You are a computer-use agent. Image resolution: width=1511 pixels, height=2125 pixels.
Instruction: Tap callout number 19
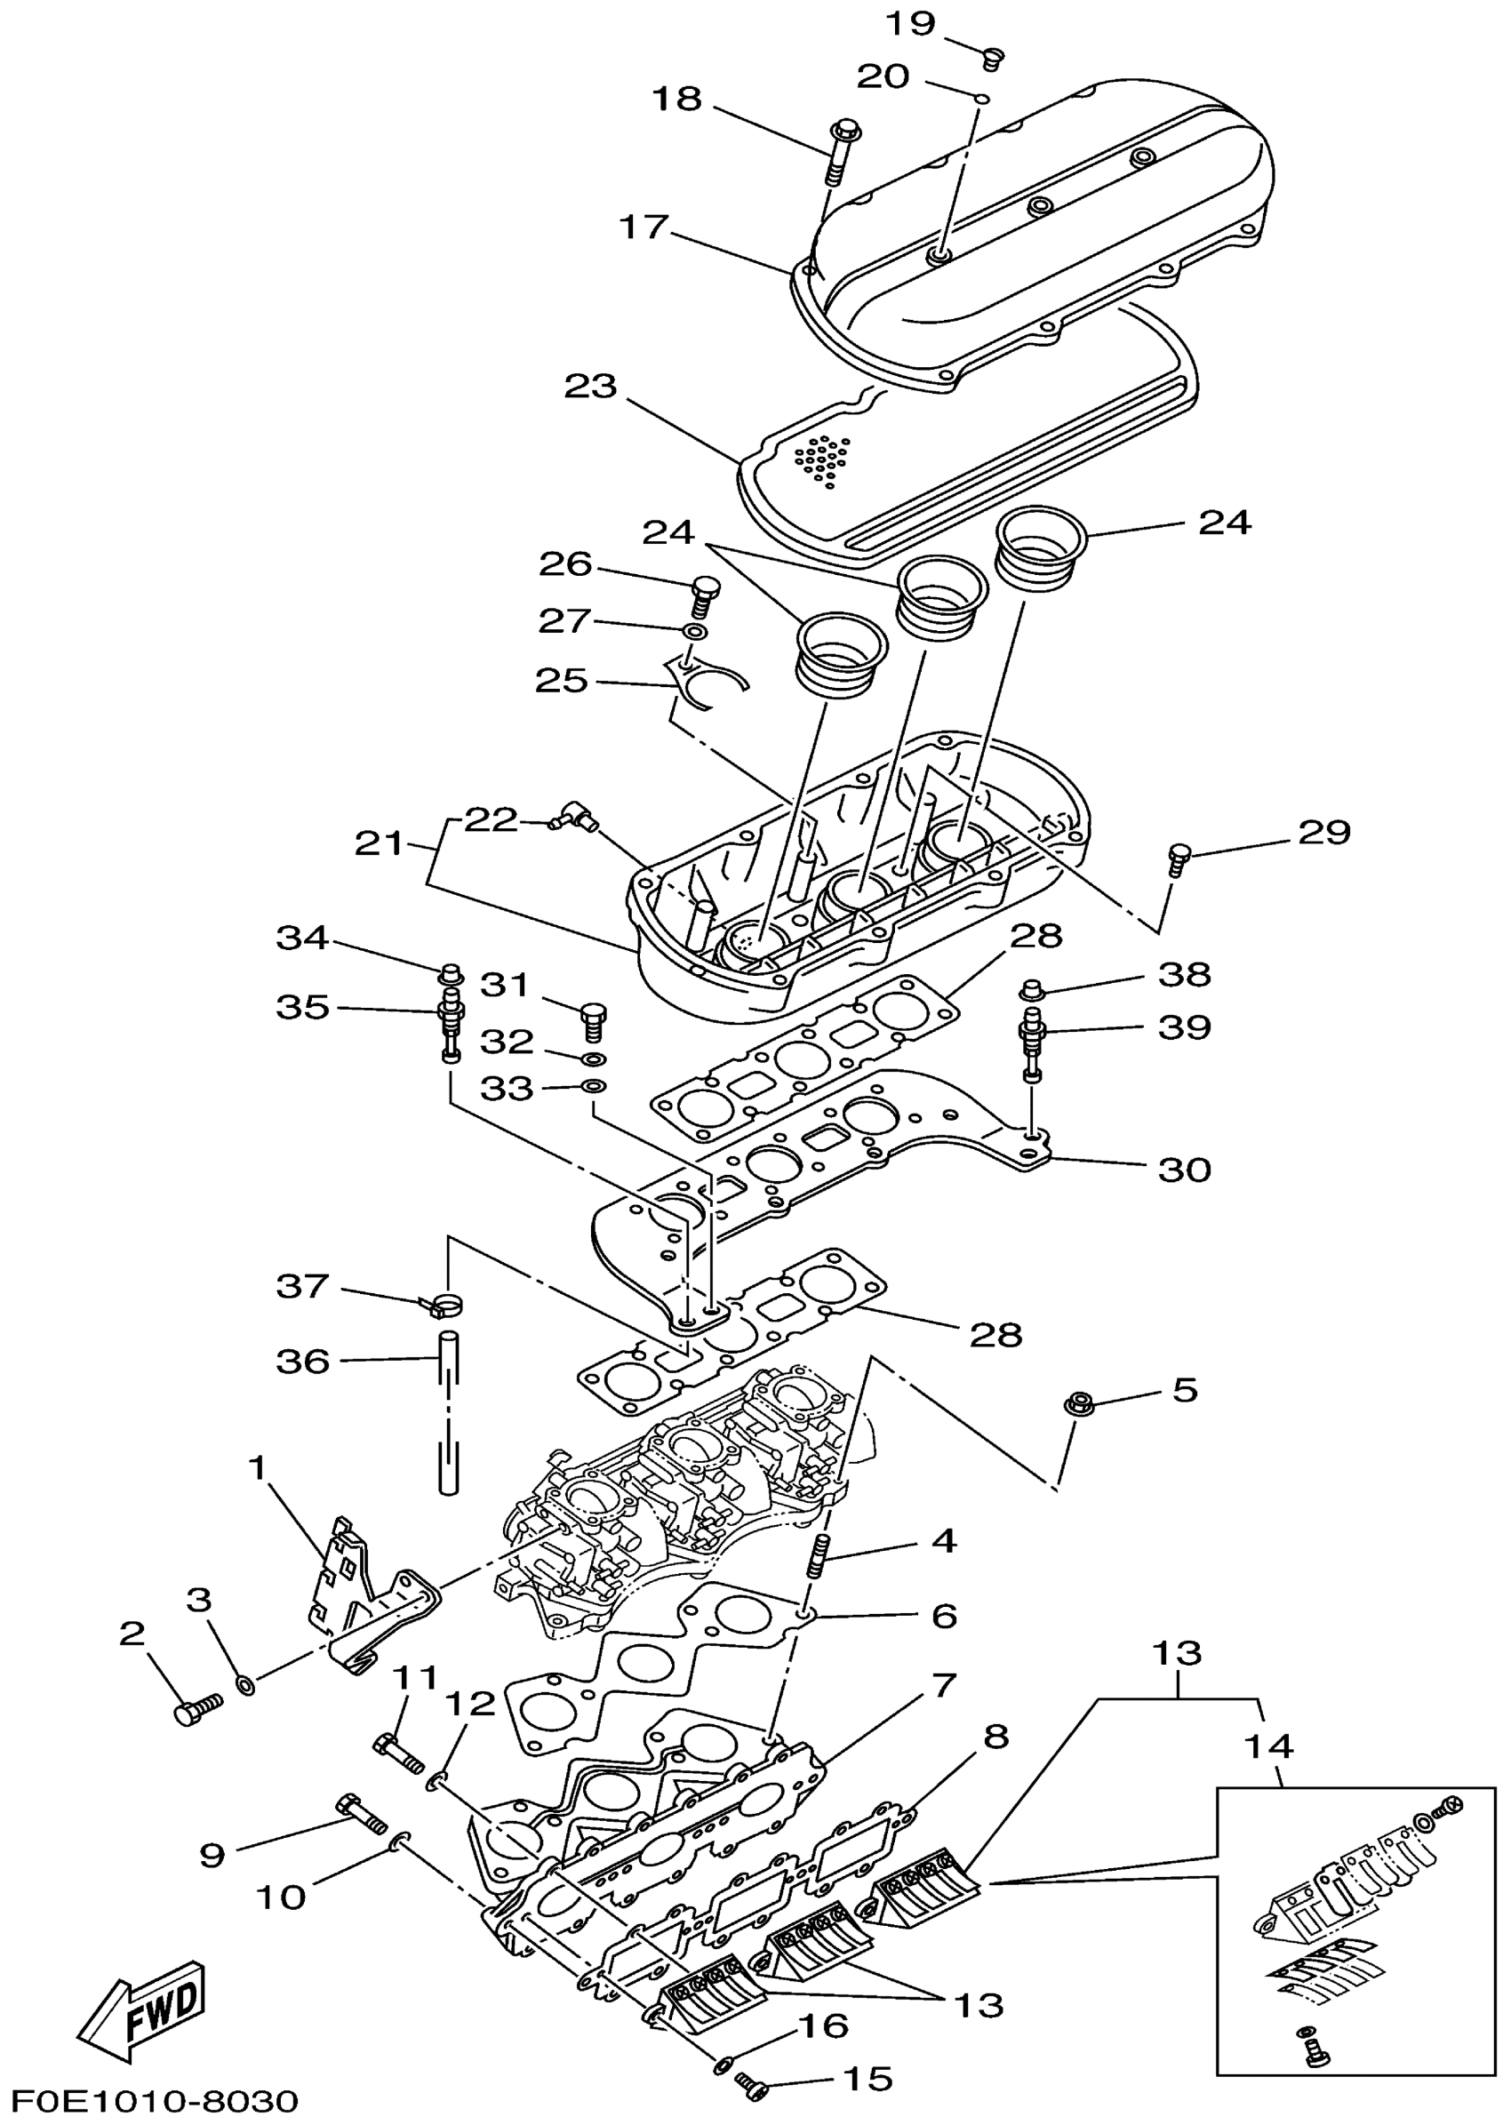pyautogui.click(x=909, y=22)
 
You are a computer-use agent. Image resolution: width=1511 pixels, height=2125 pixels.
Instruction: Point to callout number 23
pyautogui.click(x=591, y=386)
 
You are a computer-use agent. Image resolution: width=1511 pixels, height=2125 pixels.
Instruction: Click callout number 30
pyautogui.click(x=1184, y=1169)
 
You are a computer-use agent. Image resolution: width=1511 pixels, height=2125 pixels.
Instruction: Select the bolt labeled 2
pyautogui.click(x=197, y=1709)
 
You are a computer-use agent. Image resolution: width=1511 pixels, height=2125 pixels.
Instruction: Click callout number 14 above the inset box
pyautogui.click(x=1269, y=1746)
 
